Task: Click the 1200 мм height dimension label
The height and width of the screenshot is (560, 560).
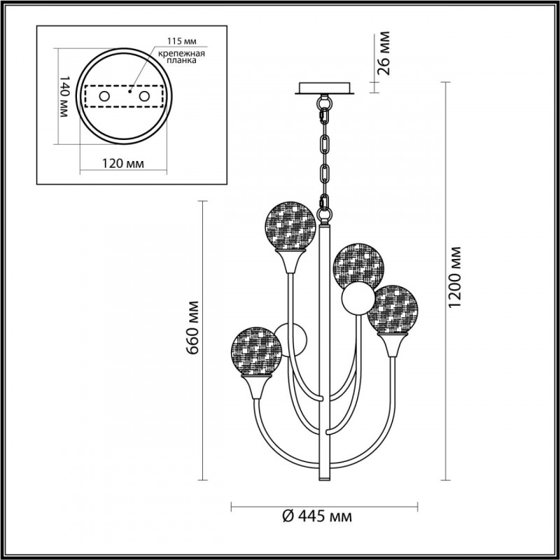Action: [455, 277]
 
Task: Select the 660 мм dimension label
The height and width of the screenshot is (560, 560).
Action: [192, 328]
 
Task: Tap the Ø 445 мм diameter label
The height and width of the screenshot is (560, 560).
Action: [317, 516]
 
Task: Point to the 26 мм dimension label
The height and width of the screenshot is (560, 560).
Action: [383, 53]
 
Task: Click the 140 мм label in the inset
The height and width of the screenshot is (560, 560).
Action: [64, 96]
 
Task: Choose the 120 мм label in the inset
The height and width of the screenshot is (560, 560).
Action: [123, 164]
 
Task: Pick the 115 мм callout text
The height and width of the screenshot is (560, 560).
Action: [182, 41]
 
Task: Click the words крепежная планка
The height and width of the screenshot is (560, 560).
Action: [182, 57]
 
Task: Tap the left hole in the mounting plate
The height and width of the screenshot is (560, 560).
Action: [104, 96]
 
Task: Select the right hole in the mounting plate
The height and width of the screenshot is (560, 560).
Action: [144, 96]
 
